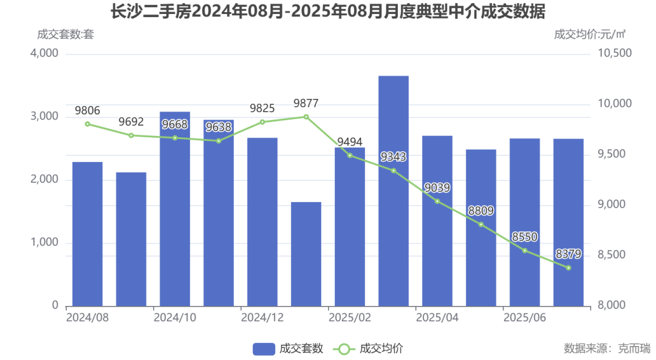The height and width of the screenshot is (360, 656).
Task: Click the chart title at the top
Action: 327,12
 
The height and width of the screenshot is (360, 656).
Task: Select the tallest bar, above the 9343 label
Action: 393,191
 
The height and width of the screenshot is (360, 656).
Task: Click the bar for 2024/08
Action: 87,234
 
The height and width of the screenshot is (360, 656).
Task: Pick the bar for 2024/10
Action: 175,209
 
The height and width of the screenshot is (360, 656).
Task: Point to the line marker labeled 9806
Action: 87,124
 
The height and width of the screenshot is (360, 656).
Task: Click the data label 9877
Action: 306,103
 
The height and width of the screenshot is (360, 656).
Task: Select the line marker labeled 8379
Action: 569,268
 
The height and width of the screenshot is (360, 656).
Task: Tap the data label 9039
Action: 437,188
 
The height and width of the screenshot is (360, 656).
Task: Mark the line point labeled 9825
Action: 262,122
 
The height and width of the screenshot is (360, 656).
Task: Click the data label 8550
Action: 524,237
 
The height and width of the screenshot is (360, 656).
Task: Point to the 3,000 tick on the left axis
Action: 44,117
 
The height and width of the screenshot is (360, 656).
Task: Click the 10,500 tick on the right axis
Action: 615,53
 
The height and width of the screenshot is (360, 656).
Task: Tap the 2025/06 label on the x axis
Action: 524,318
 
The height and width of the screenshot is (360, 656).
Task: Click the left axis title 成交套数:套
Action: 66,34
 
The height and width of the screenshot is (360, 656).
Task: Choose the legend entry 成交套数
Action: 288,348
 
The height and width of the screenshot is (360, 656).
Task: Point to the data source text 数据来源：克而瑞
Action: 607,348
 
